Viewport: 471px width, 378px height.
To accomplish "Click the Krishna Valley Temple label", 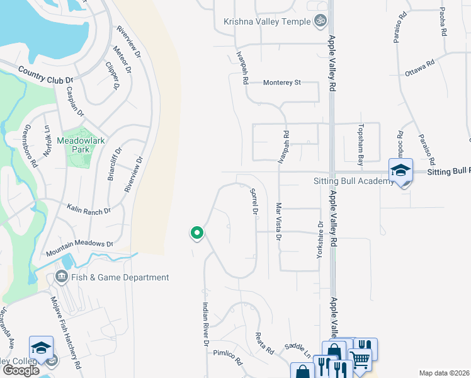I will (268, 21).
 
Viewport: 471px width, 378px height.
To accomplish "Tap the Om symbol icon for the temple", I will (321, 21).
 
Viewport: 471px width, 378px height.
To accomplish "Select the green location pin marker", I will (196, 233).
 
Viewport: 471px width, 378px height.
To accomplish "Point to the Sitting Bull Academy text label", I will (353, 181).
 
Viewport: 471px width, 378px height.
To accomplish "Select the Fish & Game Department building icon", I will (62, 277).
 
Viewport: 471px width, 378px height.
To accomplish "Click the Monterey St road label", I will (283, 83).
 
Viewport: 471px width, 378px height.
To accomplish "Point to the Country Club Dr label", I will (46, 75).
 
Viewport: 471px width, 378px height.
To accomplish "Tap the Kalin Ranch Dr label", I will (89, 209).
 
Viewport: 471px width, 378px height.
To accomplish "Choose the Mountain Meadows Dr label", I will (79, 248).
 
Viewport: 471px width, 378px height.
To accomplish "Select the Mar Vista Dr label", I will (278, 221).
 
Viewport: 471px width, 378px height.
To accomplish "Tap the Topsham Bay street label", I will (361, 146).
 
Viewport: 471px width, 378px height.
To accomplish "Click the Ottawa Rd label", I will (420, 67).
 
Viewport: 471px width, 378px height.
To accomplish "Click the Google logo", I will (21, 370).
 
